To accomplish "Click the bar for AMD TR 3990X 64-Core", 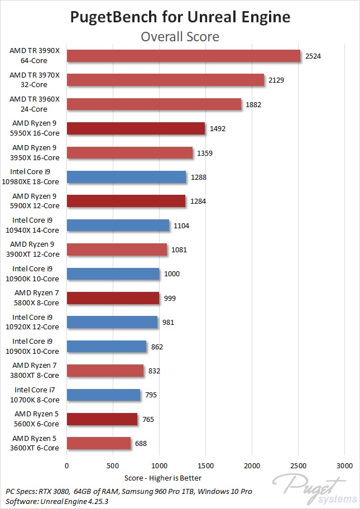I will tap(183, 56).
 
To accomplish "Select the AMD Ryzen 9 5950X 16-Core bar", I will tap(136, 128).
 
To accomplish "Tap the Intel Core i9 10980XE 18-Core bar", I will tap(126, 177).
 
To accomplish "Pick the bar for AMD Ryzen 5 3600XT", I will tap(99, 444).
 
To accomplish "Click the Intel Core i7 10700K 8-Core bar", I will tap(103, 395).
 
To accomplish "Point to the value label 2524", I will tap(313, 56).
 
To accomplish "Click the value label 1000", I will tap(171, 274).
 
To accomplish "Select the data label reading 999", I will tap(170, 298).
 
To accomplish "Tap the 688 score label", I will tap(141, 444).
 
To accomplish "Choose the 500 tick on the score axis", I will tap(113, 465).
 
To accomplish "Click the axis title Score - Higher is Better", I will tap(164, 478).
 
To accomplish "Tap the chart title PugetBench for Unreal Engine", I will tap(180, 17).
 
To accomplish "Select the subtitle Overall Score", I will tap(180, 37).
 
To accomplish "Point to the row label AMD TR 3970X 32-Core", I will tap(36, 80).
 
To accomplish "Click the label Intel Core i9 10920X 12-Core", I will tap(36, 322).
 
